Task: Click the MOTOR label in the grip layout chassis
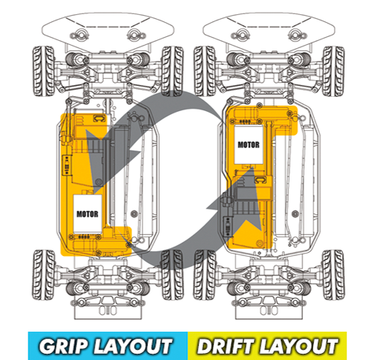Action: [x=87, y=214]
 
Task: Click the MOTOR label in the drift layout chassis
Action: [x=249, y=145]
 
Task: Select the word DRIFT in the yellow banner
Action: [x=227, y=347]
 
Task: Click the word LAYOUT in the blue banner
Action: [x=133, y=347]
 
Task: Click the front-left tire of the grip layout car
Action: [x=43, y=71]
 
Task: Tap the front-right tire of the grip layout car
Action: [x=172, y=71]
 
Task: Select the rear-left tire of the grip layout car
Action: [x=43, y=275]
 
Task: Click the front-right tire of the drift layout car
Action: [x=334, y=71]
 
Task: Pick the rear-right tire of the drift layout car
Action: [x=334, y=275]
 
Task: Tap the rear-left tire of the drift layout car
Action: [x=205, y=275]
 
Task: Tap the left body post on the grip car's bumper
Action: [x=79, y=35]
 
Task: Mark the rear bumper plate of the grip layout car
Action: [x=108, y=312]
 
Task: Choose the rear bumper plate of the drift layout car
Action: [x=269, y=312]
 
